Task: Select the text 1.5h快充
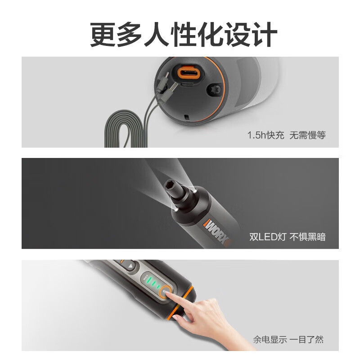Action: (x=266, y=135)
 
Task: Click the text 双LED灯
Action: (x=266, y=237)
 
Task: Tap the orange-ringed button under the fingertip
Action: (x=165, y=294)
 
